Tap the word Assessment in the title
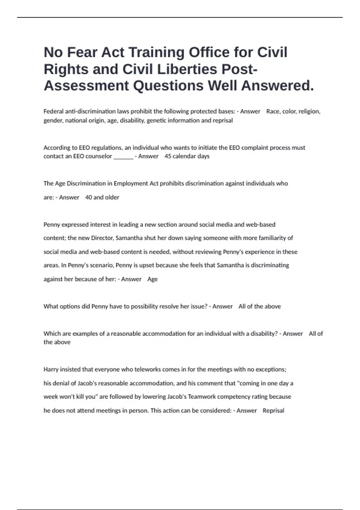click(86, 86)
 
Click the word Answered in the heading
click(277, 86)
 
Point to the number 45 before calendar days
click(168, 156)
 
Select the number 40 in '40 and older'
click(88, 197)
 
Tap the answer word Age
click(152, 279)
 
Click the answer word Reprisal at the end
click(273, 411)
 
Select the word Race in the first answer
click(273, 112)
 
